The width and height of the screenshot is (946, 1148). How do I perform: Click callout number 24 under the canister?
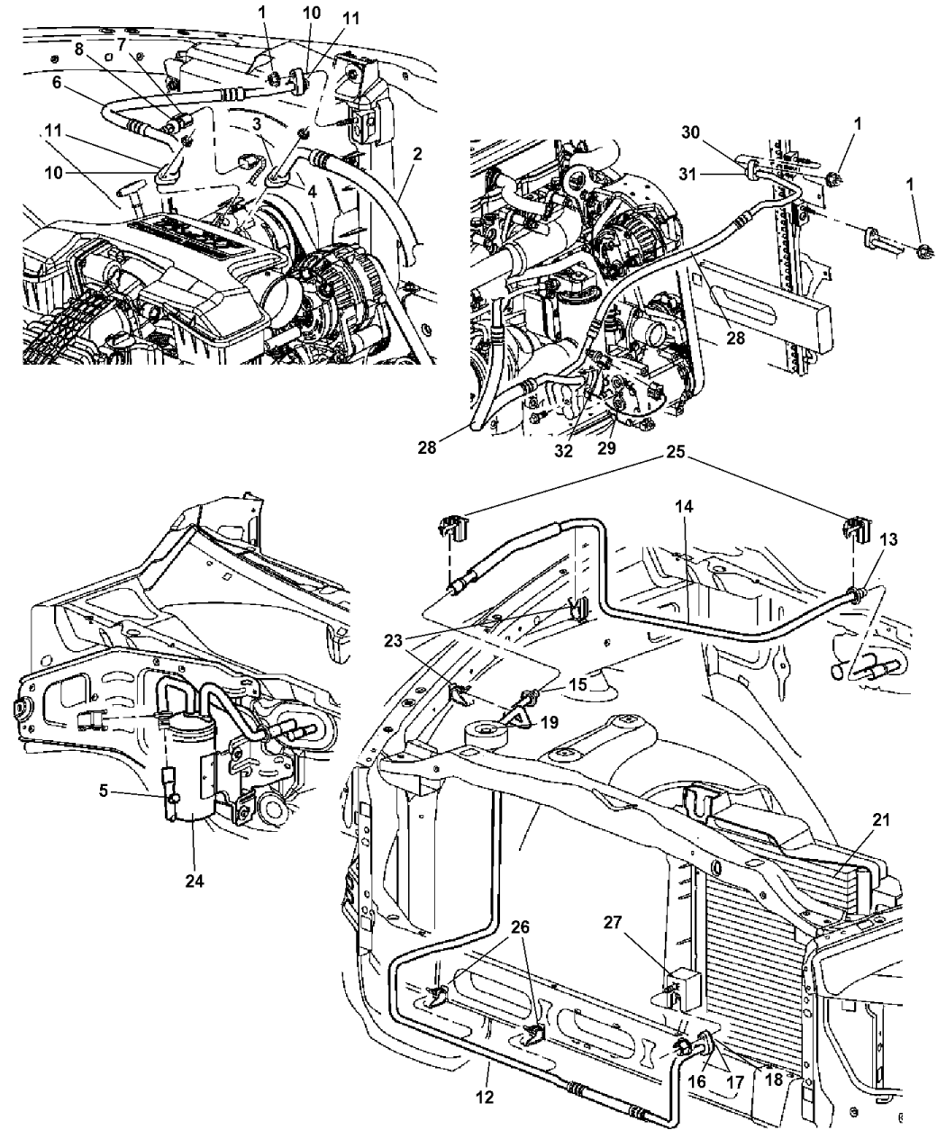tap(195, 881)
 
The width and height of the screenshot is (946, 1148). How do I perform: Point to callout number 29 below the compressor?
tap(606, 447)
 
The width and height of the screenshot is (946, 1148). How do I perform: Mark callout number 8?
tap(81, 51)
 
